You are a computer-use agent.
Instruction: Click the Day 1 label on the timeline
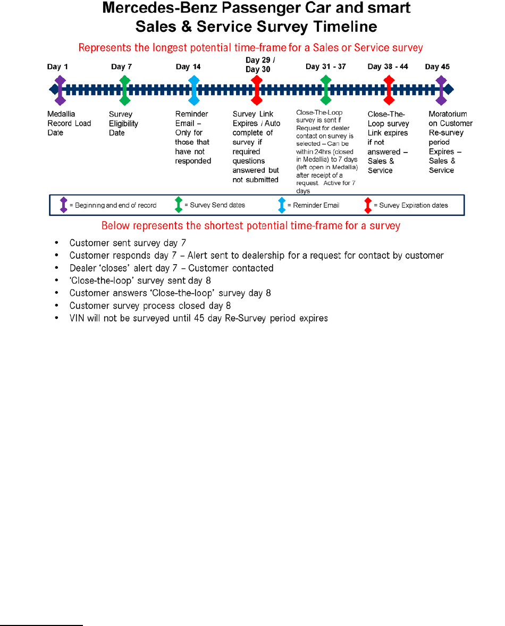(57, 67)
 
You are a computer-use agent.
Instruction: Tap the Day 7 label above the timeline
(121, 67)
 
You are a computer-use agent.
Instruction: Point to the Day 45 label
(437, 67)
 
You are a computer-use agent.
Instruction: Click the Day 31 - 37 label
(325, 67)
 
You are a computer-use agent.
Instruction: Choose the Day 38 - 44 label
(389, 67)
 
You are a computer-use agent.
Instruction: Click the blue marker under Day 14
(194, 89)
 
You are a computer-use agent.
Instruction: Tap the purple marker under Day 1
(60, 89)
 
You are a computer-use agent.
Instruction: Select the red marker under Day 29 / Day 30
(257, 89)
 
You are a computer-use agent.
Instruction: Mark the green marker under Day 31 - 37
(326, 89)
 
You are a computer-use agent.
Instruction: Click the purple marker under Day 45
(441, 89)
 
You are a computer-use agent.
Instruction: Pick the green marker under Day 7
(125, 89)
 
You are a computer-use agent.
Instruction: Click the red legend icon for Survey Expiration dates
(368, 205)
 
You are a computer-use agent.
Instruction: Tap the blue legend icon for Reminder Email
(282, 205)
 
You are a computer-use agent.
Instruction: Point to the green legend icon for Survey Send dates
(179, 205)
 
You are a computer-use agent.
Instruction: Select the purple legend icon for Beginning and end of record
(64, 205)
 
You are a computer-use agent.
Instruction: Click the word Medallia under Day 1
(62, 114)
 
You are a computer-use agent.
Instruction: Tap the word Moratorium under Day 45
(448, 114)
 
